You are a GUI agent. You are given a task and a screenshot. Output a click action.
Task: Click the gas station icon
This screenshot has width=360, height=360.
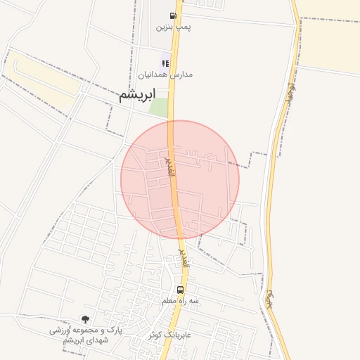[173, 15]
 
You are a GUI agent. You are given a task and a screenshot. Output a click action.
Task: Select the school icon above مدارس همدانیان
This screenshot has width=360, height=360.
[165, 63]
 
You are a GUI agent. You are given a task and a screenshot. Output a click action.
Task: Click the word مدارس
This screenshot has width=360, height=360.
[181, 74]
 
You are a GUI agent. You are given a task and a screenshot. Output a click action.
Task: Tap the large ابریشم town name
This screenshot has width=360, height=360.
[136, 97]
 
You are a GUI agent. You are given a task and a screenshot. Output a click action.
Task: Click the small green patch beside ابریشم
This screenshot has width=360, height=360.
[160, 108]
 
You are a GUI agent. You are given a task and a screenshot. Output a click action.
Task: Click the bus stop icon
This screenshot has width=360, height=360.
[181, 290]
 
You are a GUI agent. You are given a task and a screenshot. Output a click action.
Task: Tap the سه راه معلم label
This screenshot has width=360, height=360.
[181, 301]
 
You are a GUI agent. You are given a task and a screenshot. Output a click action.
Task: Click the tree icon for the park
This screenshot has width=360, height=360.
[85, 319]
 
